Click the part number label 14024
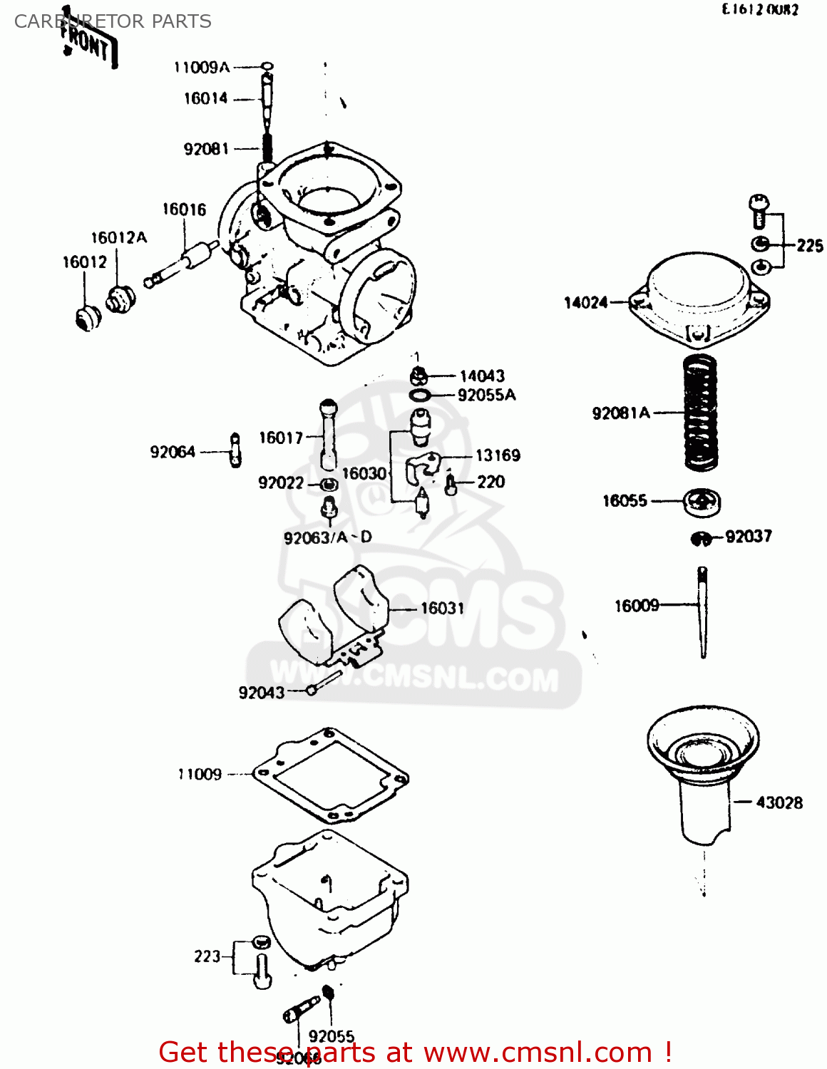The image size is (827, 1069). (585, 303)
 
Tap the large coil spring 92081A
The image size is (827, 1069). (700, 413)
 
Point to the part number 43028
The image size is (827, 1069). (779, 802)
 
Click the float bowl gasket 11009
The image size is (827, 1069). (330, 775)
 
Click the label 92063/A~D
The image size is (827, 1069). (327, 537)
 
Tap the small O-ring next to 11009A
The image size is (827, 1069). (267, 68)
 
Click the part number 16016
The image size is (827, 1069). (184, 210)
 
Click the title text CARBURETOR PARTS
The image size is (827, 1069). (113, 21)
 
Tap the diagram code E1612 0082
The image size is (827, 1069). (760, 10)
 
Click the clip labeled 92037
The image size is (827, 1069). (702, 539)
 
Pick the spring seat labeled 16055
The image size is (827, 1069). (702, 502)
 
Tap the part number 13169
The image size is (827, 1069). (498, 455)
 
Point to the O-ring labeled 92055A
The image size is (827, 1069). (421, 395)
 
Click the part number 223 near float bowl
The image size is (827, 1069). (207, 956)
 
